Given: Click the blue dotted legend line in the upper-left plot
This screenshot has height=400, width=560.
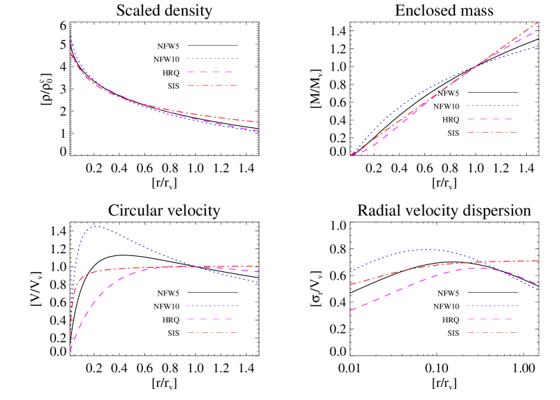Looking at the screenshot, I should click(212, 59).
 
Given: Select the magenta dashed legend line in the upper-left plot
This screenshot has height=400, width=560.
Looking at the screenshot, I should click(212, 72).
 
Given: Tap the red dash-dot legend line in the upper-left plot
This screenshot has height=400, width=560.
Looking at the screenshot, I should click(212, 85).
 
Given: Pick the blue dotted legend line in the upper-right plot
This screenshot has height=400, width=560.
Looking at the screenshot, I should click(492, 106).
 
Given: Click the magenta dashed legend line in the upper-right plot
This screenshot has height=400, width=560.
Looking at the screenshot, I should click(492, 119).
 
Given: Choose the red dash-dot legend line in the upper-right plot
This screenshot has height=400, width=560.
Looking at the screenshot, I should click(492, 131).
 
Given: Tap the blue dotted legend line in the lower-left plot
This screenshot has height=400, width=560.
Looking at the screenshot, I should click(212, 306).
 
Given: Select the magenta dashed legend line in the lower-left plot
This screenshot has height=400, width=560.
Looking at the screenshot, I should click(212, 319).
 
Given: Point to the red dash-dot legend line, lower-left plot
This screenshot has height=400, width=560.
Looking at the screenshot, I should click(212, 332).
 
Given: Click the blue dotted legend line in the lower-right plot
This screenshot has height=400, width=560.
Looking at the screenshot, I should click(492, 306).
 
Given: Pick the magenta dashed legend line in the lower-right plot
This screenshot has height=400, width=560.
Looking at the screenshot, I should click(492, 319).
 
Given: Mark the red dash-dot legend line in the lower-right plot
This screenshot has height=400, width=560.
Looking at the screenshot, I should click(492, 332).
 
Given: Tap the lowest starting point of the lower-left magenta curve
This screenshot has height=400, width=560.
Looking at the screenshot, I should click(70, 352).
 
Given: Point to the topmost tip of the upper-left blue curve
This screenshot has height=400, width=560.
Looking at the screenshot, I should click(70, 31).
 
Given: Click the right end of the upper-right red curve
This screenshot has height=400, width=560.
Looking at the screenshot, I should click(539, 22).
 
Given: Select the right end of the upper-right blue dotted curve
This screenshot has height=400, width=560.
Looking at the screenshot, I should click(539, 46).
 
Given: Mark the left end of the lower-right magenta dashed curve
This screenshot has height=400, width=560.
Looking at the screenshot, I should click(351, 311).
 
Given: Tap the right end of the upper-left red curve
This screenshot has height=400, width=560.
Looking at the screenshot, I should click(259, 122).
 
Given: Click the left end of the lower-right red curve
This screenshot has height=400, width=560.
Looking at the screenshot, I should click(351, 284).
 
